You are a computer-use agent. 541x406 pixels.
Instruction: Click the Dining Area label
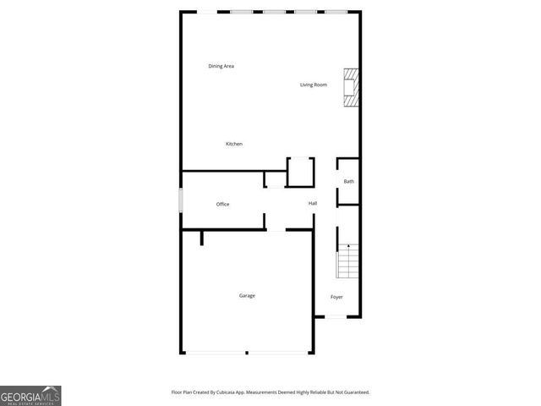coord(221,66)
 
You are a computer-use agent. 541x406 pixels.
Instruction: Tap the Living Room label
coord(313,85)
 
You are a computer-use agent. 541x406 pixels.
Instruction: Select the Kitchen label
coord(234,144)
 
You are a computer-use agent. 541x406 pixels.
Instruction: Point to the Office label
coord(222,204)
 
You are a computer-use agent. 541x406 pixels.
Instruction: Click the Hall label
coord(313,203)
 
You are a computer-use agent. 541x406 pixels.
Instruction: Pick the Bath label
coord(348,181)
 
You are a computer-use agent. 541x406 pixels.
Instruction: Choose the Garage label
coord(247,295)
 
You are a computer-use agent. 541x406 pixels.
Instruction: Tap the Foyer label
coord(336,297)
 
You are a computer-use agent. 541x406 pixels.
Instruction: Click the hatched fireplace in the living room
coord(350,87)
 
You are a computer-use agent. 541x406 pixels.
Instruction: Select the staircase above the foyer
coord(348,262)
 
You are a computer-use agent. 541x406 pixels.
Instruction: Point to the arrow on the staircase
coord(348,246)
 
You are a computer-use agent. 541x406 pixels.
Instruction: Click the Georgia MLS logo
coord(30,395)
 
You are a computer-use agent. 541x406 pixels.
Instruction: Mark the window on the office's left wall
coord(181,200)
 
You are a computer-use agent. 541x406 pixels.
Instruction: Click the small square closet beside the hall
coord(300,172)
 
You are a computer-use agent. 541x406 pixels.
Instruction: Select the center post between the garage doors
coord(247,352)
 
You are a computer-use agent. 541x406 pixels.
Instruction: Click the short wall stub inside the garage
coord(202,238)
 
